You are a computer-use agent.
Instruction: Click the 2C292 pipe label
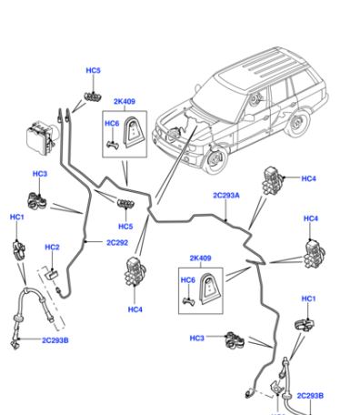click(x=117, y=243)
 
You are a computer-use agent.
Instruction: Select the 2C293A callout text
click(x=226, y=196)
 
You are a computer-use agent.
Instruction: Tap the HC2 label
click(x=52, y=248)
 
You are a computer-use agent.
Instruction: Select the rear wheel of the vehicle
click(x=297, y=123)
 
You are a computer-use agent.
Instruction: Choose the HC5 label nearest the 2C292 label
click(x=125, y=227)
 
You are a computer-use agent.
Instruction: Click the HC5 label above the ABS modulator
click(x=93, y=70)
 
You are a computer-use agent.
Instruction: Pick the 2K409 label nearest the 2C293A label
click(x=200, y=258)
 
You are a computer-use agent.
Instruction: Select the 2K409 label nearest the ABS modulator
click(x=125, y=101)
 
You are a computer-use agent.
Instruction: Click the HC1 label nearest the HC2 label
click(x=17, y=218)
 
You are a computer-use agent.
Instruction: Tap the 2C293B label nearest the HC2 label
click(x=55, y=340)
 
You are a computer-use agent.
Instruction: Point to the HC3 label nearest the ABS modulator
click(x=40, y=174)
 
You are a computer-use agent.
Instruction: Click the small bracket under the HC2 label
click(x=52, y=274)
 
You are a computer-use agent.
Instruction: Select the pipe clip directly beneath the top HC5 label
click(x=93, y=96)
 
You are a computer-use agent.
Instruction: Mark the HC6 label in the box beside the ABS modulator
click(x=112, y=124)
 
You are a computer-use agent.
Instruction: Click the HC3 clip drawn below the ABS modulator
click(x=37, y=200)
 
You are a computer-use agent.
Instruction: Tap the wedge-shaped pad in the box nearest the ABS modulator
click(x=134, y=132)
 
